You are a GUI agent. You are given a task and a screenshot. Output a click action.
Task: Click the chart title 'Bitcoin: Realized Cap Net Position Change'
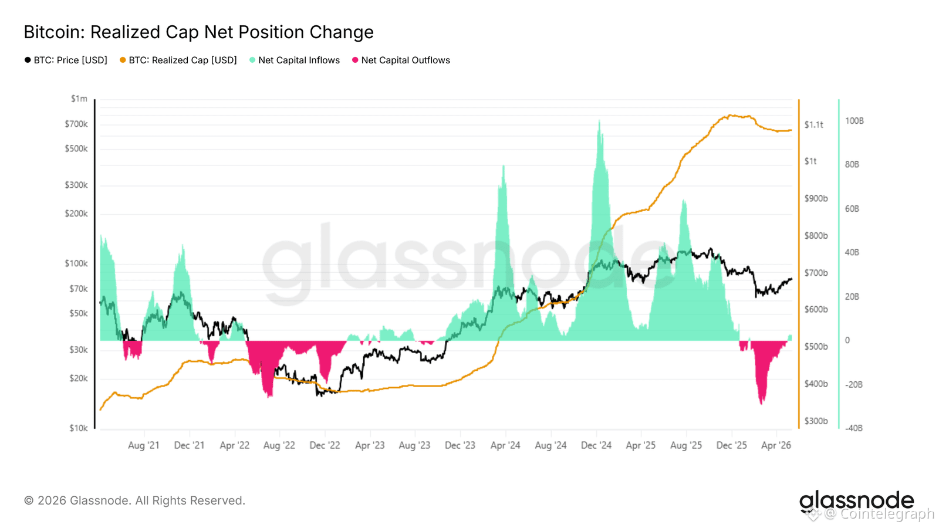pyautogui.click(x=198, y=32)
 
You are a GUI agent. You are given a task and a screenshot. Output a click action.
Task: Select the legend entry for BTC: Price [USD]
pyautogui.click(x=66, y=60)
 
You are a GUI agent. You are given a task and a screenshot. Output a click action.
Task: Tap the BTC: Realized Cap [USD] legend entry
pyautogui.click(x=178, y=60)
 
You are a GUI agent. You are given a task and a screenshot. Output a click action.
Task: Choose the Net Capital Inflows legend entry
pyautogui.click(x=294, y=60)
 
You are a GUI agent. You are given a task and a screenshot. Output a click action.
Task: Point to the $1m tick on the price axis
pyautogui.click(x=79, y=99)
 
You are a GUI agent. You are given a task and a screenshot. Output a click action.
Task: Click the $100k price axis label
pyautogui.click(x=76, y=263)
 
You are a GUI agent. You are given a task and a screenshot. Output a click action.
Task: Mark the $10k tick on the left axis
pyautogui.click(x=79, y=428)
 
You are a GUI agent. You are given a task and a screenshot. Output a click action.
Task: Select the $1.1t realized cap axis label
pyautogui.click(x=813, y=125)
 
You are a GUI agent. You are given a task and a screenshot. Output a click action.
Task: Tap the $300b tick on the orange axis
pyautogui.click(x=816, y=421)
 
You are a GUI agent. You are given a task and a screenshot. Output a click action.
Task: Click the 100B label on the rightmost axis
pyautogui.click(x=854, y=121)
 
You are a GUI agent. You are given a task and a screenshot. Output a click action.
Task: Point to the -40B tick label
pyautogui.click(x=853, y=428)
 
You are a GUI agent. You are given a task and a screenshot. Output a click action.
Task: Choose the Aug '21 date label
pyautogui.click(x=144, y=445)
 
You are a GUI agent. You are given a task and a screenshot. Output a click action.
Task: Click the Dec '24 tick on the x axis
pyautogui.click(x=596, y=445)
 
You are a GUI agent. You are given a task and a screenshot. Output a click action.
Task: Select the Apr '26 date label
pyautogui.click(x=776, y=445)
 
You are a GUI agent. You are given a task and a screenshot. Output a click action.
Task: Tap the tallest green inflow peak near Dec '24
pyautogui.click(x=599, y=121)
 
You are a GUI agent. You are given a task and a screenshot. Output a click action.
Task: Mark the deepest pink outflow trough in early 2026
pyautogui.click(x=761, y=403)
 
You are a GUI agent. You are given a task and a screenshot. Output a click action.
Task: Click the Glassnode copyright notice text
pyautogui.click(x=134, y=501)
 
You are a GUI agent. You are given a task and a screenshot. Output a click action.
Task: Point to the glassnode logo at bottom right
pyautogui.click(x=856, y=501)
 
